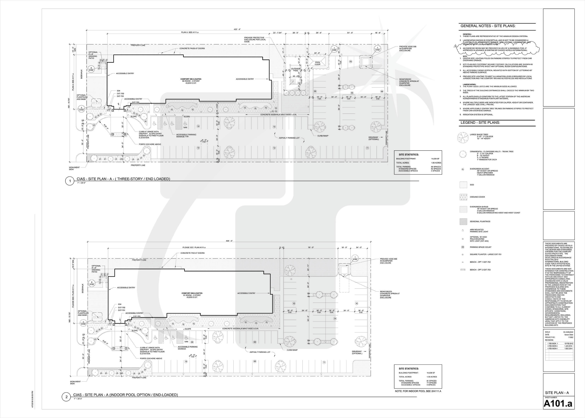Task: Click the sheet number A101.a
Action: coord(558,404)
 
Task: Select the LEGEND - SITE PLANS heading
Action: coord(480,122)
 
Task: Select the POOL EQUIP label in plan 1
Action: coord(318,63)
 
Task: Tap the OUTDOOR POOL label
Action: coord(296,69)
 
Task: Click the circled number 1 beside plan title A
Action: coord(70,181)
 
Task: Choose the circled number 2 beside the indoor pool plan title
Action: coord(66,397)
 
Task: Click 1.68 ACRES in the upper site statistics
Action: coord(436,163)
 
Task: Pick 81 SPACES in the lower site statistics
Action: coord(431,381)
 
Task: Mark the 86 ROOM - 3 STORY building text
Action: coord(191,81)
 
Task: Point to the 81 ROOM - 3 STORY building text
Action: coord(192,295)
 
